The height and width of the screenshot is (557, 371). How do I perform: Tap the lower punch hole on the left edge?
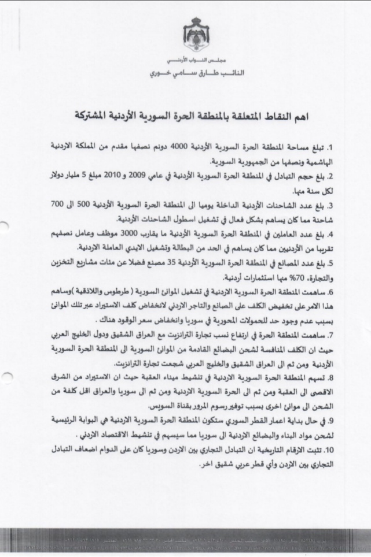[x=5, y=377]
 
